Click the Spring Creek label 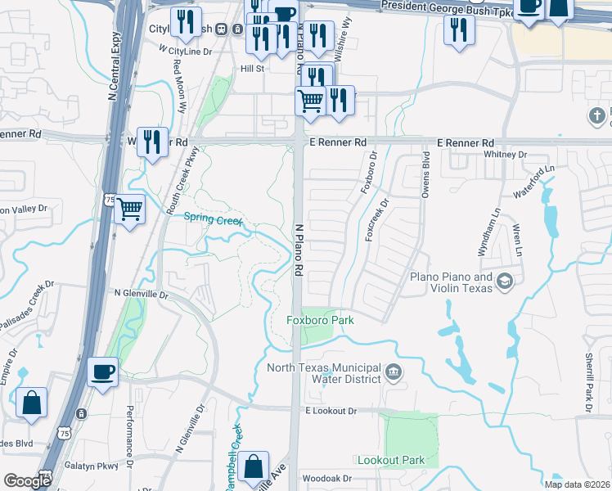[x=213, y=218]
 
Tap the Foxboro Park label [x=320, y=320]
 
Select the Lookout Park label [x=390, y=461]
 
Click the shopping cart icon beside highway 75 [x=130, y=210]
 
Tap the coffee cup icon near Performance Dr [x=103, y=372]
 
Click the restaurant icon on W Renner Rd [x=152, y=142]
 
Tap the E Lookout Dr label [x=333, y=410]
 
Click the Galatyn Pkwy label [x=92, y=466]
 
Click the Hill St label [x=251, y=70]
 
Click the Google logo [x=27, y=481]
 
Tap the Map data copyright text [x=577, y=484]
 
